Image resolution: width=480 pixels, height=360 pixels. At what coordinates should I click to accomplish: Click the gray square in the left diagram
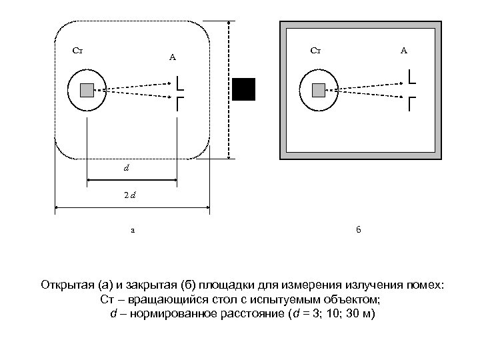point(87,90)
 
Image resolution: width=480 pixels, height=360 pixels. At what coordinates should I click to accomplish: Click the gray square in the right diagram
point(319,90)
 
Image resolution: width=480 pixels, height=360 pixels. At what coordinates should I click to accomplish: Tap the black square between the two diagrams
point(244,89)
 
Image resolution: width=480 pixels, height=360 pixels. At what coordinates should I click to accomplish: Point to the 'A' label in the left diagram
point(172,57)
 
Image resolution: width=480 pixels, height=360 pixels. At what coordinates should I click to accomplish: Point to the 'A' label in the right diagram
point(404,50)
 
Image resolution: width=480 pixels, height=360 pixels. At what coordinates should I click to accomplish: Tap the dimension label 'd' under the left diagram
point(126,168)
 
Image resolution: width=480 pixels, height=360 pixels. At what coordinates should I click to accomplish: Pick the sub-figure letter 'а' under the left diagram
point(132,231)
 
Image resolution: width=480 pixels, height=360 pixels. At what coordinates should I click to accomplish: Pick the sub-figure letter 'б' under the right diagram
point(358,230)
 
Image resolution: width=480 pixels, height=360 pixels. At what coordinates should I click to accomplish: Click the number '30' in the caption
point(347,313)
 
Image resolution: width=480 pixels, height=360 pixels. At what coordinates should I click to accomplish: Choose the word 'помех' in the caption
point(424,286)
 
